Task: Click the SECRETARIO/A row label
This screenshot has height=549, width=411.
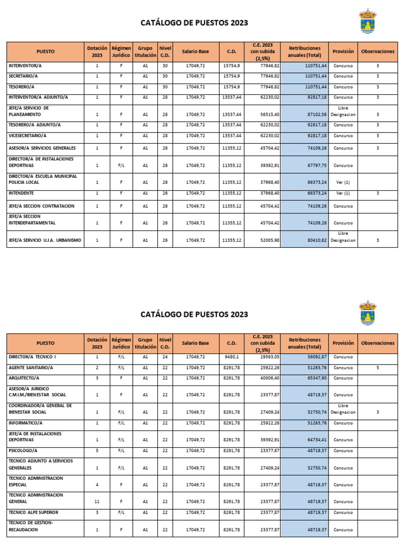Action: pyautogui.click(x=22, y=76)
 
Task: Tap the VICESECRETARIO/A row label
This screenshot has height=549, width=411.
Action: pyautogui.click(x=27, y=136)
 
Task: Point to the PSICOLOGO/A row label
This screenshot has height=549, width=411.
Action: pyautogui.click(x=23, y=451)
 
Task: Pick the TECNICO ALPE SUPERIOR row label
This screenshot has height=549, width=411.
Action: pyautogui.click(x=33, y=512)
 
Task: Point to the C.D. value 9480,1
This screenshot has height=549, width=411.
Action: pyautogui.click(x=232, y=357)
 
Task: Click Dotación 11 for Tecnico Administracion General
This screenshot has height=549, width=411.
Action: pyautogui.click(x=97, y=502)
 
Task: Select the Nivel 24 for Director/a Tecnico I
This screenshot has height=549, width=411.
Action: pyautogui.click(x=165, y=357)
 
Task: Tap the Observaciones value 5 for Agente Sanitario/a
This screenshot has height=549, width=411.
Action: pyautogui.click(x=377, y=368)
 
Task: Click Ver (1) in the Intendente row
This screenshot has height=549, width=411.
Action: pyautogui.click(x=343, y=194)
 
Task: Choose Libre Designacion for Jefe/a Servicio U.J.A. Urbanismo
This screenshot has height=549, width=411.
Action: pyautogui.click(x=343, y=237)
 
